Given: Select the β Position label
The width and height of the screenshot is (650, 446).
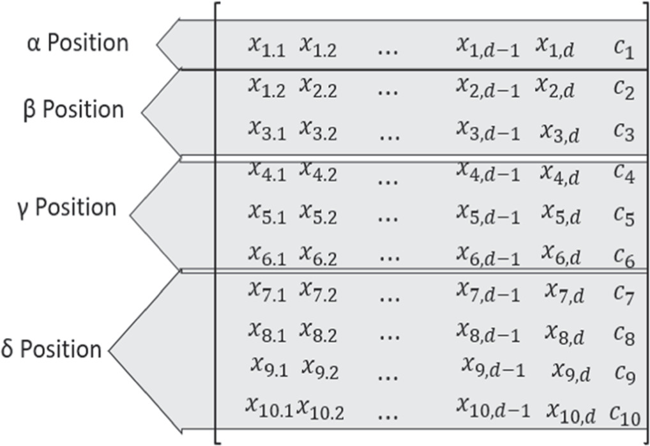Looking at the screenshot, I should (x=73, y=109).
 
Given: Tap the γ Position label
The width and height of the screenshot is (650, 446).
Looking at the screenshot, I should (x=67, y=208).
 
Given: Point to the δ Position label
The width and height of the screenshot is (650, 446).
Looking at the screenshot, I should (x=52, y=350).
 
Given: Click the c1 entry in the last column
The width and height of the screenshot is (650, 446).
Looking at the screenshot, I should (x=623, y=48).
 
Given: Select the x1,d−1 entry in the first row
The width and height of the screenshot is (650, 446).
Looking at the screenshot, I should (x=487, y=47).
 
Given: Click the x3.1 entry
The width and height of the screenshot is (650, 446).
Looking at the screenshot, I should (x=266, y=132).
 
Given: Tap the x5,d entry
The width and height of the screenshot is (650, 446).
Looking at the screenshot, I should (x=561, y=215).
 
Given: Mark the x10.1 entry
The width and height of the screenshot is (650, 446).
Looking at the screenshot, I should (x=269, y=408).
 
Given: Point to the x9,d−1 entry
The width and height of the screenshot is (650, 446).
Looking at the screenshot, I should (x=494, y=369).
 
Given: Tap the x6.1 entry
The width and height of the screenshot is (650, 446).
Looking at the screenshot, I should (x=266, y=256).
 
